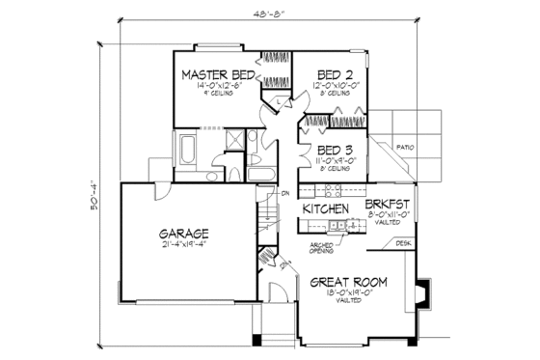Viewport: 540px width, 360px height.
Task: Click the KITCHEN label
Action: (x=325, y=208)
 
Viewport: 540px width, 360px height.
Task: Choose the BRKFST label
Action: (x=388, y=206)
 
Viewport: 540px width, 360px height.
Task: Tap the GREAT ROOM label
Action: (x=349, y=282)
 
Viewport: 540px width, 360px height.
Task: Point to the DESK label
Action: (x=403, y=243)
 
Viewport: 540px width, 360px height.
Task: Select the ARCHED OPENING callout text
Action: (x=322, y=249)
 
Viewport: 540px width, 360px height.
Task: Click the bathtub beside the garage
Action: (x=185, y=152)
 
